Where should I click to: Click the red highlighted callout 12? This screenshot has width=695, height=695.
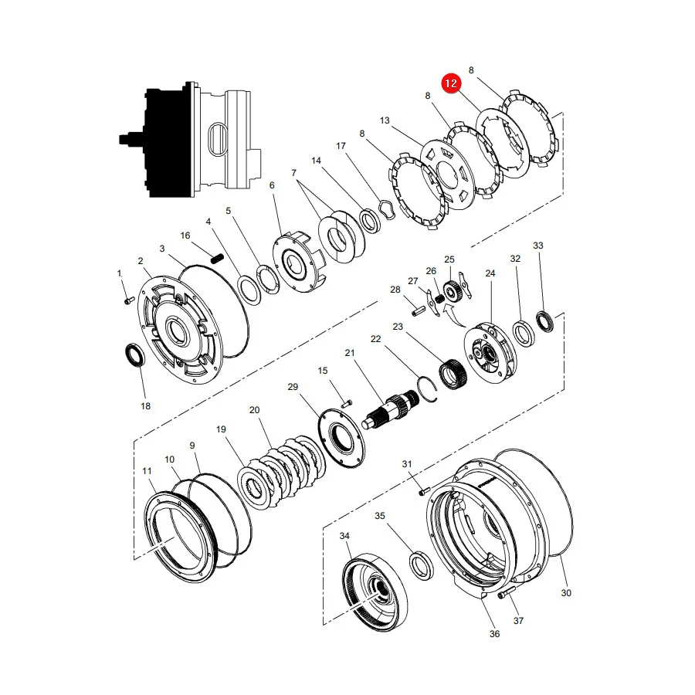point(451,83)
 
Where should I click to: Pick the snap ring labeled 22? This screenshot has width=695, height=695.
point(428,388)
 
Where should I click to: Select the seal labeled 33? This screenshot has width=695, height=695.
point(544,322)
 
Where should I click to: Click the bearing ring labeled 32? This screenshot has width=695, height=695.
point(524,333)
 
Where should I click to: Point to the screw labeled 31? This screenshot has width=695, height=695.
point(424,491)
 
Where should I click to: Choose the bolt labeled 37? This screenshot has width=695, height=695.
point(507,592)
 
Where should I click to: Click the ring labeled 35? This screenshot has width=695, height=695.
point(421,564)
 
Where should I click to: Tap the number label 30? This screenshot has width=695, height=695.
point(566,592)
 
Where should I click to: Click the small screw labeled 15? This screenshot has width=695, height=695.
point(347,403)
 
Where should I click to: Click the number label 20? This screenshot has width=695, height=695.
point(254,410)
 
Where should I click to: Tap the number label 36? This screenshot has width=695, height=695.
point(495,634)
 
